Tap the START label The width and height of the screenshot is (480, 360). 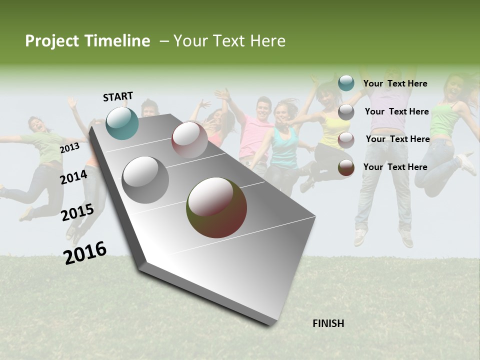pyautogui.click(x=118, y=96)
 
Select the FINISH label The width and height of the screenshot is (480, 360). pyautogui.click(x=328, y=323)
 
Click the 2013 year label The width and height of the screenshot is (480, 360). pyautogui.click(x=69, y=148)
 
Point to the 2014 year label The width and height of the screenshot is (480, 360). pyautogui.click(x=73, y=177)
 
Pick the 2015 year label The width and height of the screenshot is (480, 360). pyautogui.click(x=77, y=212)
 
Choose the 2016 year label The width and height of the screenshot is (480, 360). pyautogui.click(x=85, y=252)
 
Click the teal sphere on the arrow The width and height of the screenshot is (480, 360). pyautogui.click(x=122, y=123)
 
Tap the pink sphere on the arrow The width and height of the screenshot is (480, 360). pyautogui.click(x=189, y=139)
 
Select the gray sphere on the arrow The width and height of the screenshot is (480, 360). pyautogui.click(x=145, y=180)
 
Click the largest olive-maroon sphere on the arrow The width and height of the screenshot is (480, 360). pyautogui.click(x=216, y=207)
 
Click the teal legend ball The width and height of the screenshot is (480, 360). pyautogui.click(x=346, y=83)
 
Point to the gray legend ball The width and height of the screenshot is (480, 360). pyautogui.click(x=346, y=112)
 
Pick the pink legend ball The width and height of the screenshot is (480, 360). pyautogui.click(x=346, y=140)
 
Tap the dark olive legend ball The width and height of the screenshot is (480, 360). pyautogui.click(x=346, y=168)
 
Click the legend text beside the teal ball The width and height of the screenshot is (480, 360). pyautogui.click(x=395, y=83)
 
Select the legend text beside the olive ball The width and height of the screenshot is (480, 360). pyautogui.click(x=395, y=167)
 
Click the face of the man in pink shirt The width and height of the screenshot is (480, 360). pyautogui.click(x=263, y=107)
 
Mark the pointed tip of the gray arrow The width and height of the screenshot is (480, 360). pyautogui.click(x=270, y=324)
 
